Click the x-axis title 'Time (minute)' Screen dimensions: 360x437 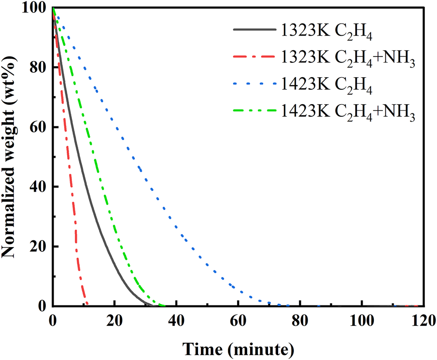coord(238,347)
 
